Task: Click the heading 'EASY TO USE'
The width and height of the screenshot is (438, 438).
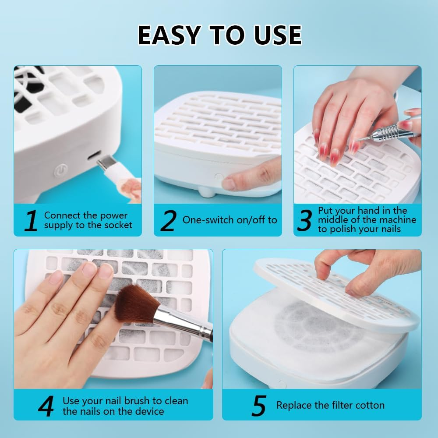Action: (219, 35)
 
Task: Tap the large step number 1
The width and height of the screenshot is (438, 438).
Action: (30, 220)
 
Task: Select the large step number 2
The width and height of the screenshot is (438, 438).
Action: (168, 220)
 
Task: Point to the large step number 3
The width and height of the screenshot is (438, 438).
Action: (304, 220)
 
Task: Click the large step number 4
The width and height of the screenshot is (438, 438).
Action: (46, 406)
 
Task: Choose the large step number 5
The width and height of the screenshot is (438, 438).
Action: (259, 406)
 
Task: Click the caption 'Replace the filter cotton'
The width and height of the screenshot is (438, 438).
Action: (330, 405)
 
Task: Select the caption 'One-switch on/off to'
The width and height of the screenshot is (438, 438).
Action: (230, 220)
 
